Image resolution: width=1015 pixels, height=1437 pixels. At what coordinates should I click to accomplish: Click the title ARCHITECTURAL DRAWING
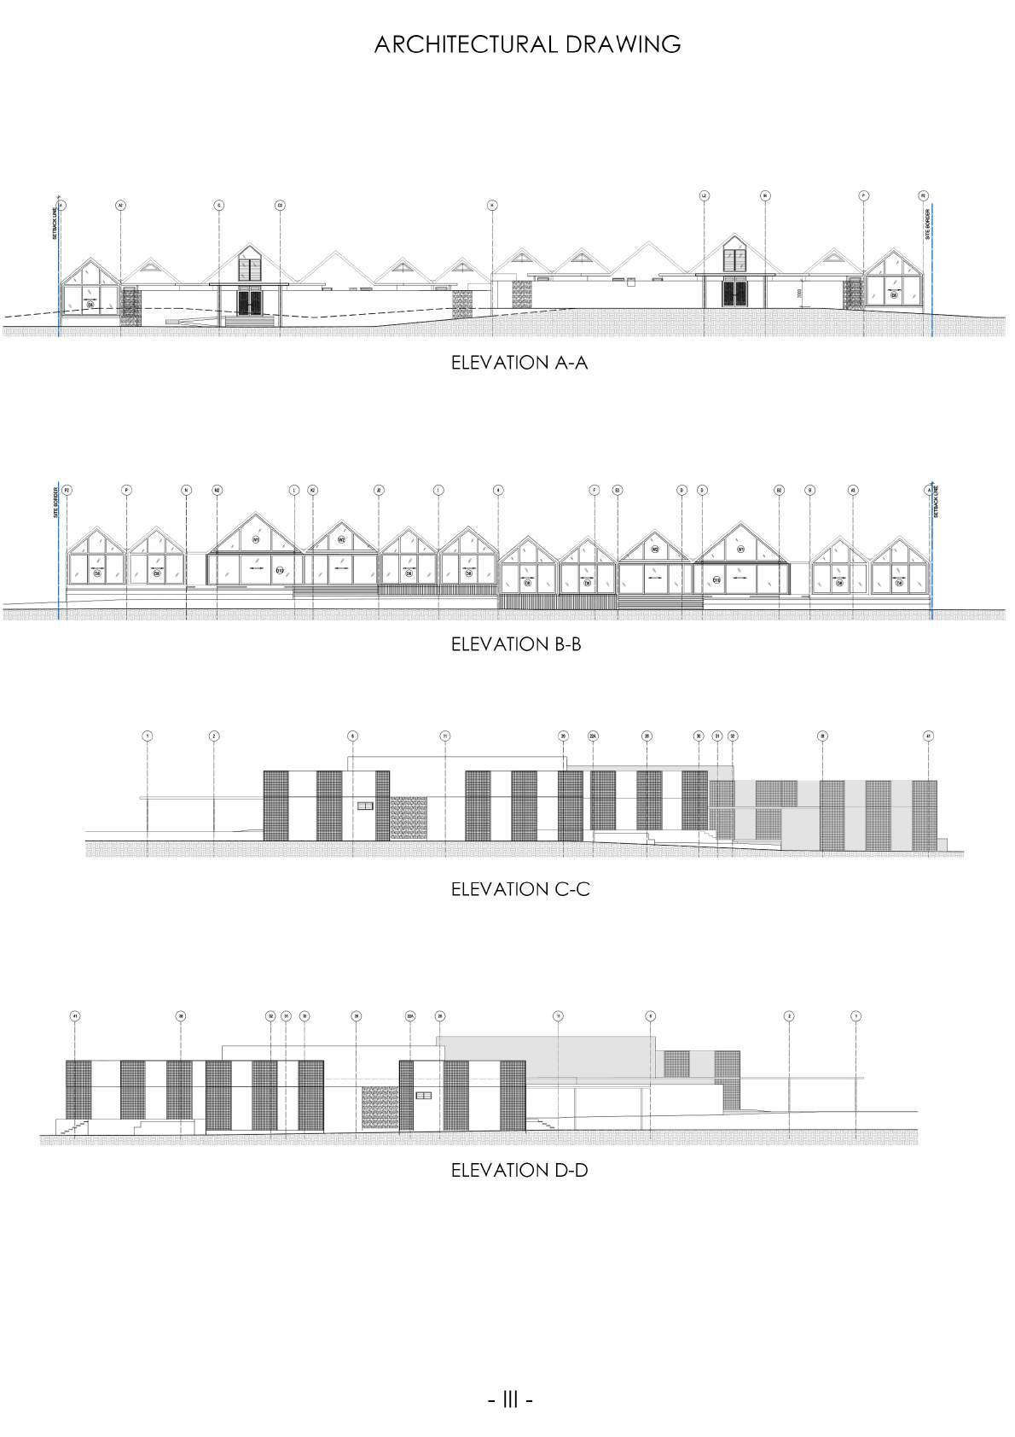click(527, 44)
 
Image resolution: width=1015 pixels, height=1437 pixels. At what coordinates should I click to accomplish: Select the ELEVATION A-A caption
click(519, 363)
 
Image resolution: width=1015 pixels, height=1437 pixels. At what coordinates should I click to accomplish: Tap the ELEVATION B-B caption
click(515, 644)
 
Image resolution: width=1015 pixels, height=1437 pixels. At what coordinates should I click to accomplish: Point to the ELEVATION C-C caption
click(519, 889)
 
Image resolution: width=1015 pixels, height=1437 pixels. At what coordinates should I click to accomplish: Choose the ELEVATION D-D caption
click(519, 1170)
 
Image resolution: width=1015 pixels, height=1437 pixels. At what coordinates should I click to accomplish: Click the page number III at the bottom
click(510, 1399)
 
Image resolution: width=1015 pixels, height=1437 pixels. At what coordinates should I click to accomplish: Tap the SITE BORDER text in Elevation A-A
click(928, 224)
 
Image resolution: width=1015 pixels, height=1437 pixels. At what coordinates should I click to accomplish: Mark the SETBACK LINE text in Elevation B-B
click(935, 503)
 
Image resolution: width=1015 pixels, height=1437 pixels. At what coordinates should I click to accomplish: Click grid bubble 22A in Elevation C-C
click(593, 736)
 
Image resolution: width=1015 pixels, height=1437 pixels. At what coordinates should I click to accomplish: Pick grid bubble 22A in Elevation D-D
click(410, 1016)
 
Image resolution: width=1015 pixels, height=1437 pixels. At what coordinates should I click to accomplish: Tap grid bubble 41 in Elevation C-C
click(929, 736)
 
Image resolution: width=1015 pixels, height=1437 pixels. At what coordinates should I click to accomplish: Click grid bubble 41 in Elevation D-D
click(75, 1016)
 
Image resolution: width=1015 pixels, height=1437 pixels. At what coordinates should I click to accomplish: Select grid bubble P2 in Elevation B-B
click(67, 490)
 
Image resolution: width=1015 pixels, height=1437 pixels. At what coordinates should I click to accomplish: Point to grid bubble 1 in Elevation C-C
click(148, 736)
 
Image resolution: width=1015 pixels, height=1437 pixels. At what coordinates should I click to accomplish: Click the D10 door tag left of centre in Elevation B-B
click(280, 569)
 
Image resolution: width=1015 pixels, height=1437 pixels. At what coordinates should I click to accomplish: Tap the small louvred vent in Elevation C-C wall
click(365, 806)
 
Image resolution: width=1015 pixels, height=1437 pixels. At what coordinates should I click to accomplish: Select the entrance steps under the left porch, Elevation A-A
click(250, 322)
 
